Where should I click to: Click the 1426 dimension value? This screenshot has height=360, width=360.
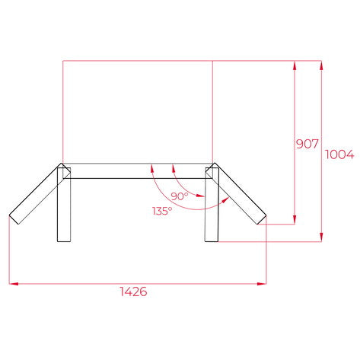click(x=133, y=292)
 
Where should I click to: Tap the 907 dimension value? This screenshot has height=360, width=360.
click(x=306, y=143)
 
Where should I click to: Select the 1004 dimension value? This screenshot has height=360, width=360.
click(x=339, y=155)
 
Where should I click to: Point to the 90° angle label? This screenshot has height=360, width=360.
click(x=180, y=196)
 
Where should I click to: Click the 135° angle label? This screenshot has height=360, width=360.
click(x=161, y=210)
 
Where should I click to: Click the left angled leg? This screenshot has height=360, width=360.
click(x=35, y=193)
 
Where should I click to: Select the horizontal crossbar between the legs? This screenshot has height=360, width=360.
click(x=137, y=170)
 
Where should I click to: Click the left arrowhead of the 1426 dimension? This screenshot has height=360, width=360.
click(x=12, y=284)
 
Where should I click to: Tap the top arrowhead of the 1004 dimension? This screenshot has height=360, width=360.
click(x=323, y=65)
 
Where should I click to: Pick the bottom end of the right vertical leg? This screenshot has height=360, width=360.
click(x=212, y=241)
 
